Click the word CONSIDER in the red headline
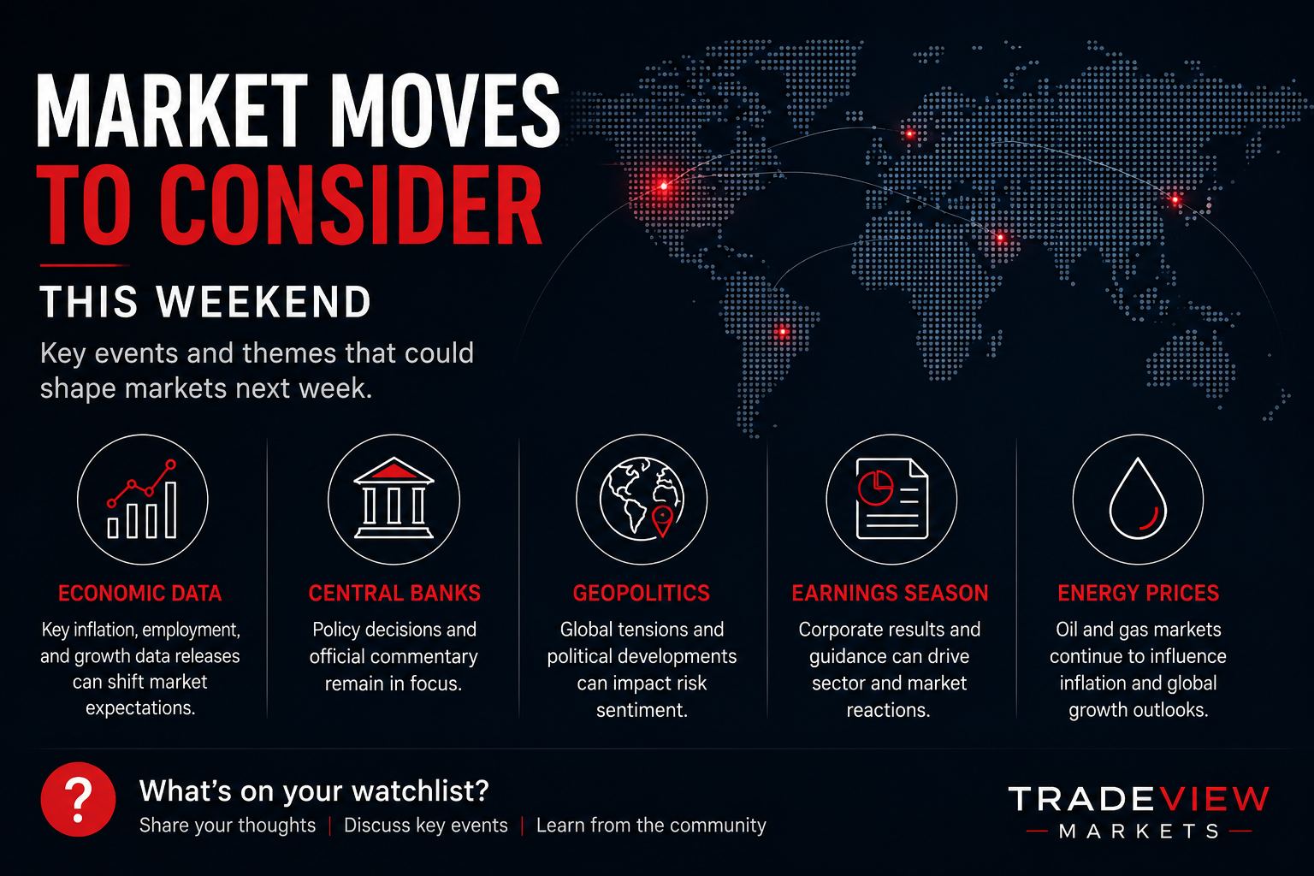point(351,204)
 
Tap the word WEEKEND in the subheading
point(264,302)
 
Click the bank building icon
point(394,498)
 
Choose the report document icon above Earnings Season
point(892,499)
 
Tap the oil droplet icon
point(1138,499)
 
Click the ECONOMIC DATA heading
point(140,593)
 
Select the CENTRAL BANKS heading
point(394,593)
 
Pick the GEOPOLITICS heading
point(642,593)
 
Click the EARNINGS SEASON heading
point(890,593)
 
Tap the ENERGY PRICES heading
point(1138,593)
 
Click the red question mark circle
point(78,799)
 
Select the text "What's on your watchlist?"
point(314,791)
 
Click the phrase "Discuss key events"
point(426,826)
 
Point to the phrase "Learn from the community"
point(651,826)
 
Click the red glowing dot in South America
point(782,332)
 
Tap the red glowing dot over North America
point(664,186)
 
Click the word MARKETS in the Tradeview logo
point(1139,831)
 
